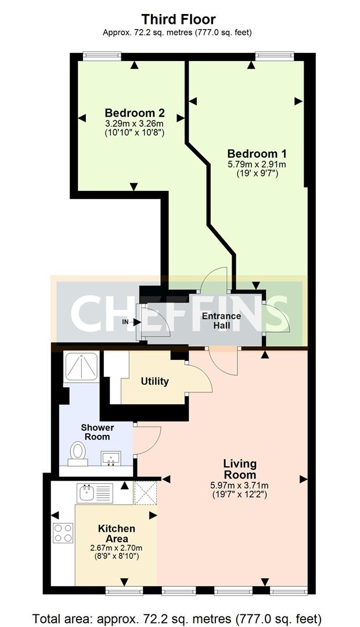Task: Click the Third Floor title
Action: (179, 20)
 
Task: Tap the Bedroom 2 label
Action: (135, 113)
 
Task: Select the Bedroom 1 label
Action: (257, 154)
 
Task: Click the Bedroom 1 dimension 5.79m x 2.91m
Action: (257, 164)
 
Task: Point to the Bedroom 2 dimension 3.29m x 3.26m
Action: (135, 124)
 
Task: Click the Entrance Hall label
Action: (221, 320)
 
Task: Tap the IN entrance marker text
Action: (125, 321)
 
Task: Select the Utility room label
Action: (155, 381)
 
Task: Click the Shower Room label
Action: (97, 432)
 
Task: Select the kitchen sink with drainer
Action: (96, 494)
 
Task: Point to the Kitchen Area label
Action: (117, 534)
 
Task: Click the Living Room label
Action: (240, 469)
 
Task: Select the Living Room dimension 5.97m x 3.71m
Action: (240, 486)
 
